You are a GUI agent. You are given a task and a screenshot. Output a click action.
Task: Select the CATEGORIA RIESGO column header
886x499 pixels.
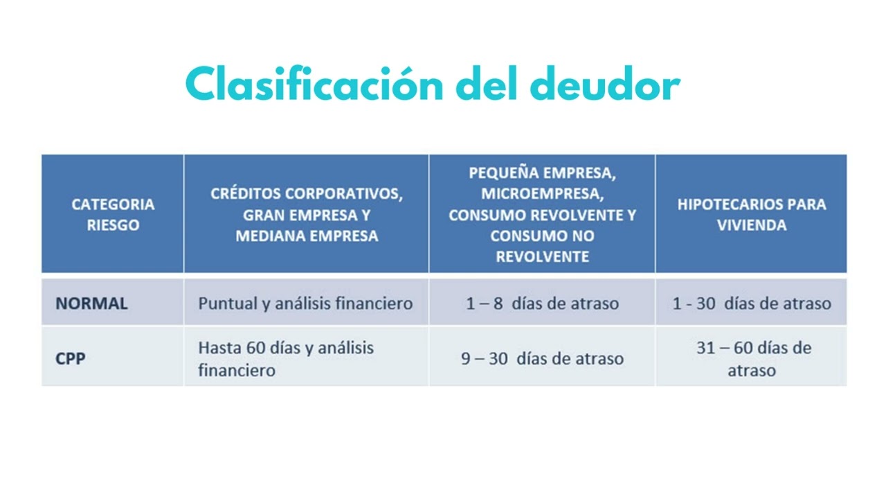click(x=113, y=215)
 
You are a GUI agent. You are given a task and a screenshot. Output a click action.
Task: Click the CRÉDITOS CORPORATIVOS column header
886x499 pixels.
click(x=307, y=214)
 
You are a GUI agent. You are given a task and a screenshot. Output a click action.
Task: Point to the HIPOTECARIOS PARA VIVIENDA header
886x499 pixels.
click(x=751, y=215)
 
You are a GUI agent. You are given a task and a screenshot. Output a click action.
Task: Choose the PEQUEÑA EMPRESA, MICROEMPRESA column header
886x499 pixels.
click(x=542, y=214)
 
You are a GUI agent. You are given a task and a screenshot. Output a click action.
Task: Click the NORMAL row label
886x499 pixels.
click(x=91, y=304)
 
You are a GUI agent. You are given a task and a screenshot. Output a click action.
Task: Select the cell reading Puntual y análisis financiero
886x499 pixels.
click(x=305, y=304)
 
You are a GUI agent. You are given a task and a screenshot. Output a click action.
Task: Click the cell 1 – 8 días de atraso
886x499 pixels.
click(x=542, y=304)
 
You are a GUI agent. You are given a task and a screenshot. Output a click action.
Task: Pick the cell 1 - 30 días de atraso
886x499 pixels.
click(x=751, y=304)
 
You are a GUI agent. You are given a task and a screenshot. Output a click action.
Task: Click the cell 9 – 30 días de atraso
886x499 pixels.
click(x=542, y=359)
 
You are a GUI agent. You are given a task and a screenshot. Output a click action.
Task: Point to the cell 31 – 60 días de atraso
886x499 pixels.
click(x=752, y=358)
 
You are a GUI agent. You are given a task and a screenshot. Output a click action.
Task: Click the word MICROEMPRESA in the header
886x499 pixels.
click(x=542, y=193)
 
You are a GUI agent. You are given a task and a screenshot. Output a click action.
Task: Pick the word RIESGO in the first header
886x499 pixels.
click(x=113, y=225)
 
